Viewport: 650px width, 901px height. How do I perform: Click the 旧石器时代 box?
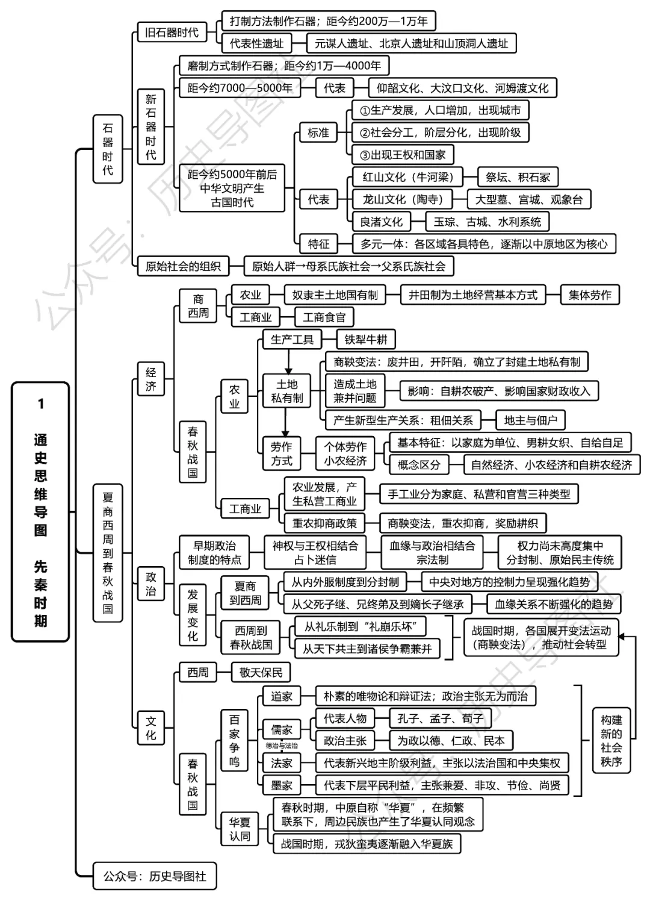[x=172, y=32]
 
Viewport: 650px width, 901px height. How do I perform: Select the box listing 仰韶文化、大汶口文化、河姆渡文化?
[x=462, y=88]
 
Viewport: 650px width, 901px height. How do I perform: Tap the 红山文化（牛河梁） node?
[x=407, y=177]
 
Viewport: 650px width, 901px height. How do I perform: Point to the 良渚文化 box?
[x=381, y=222]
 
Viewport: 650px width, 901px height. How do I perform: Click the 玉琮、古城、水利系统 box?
[x=487, y=222]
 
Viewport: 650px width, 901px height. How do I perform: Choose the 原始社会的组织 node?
[x=183, y=266]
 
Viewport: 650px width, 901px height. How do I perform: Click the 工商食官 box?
[x=324, y=317]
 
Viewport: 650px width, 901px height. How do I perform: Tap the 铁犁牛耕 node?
[x=366, y=340]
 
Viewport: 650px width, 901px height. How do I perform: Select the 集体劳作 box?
[x=589, y=295]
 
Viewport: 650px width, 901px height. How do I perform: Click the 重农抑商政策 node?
[x=324, y=523]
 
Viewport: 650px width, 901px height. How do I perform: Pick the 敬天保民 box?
[x=261, y=672]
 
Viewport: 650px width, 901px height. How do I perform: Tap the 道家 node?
[x=281, y=696]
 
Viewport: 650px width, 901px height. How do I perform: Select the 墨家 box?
[x=281, y=785]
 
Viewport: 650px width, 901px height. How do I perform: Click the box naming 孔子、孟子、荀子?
[x=440, y=719]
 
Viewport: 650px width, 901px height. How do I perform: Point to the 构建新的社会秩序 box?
[x=611, y=741]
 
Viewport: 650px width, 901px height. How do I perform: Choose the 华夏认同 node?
[x=239, y=829]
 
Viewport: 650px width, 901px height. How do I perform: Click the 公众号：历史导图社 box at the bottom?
[x=155, y=876]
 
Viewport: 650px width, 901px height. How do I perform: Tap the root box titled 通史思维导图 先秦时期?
[x=40, y=512]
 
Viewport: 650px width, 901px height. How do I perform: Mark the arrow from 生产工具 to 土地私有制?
[x=288, y=361]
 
